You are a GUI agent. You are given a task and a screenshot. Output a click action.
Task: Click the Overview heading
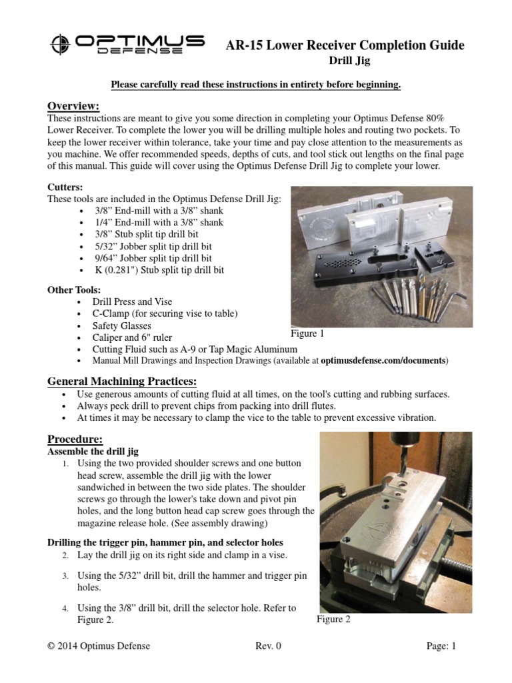coord(73,107)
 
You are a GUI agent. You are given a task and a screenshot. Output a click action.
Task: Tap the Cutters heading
coord(65,187)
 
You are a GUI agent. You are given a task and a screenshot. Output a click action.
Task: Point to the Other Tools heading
coord(73,290)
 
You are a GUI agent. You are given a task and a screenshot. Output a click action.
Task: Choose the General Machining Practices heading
coord(122,381)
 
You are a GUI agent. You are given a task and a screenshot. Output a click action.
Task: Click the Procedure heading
coord(75,439)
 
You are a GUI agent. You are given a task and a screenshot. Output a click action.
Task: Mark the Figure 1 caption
coord(308,333)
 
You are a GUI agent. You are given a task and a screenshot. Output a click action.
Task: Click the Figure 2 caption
coord(333,619)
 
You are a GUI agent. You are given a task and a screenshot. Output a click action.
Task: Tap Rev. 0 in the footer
coord(269,646)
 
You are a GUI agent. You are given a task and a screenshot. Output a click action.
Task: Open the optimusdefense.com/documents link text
coord(383,361)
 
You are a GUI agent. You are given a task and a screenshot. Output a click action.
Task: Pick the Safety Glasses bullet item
coord(122,325)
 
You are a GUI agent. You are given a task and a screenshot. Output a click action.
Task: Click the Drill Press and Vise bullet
coord(132,302)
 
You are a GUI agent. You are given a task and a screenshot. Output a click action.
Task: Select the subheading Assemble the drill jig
coord(93,452)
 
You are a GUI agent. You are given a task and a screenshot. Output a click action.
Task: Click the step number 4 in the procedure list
coord(65,608)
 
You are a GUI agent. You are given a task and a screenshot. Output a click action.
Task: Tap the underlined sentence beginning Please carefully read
coord(255,85)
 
